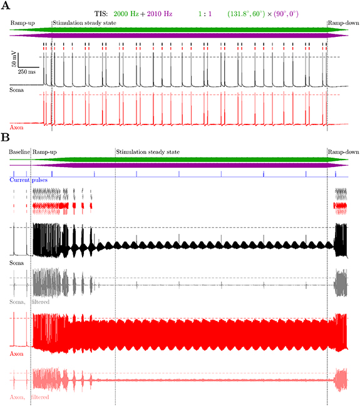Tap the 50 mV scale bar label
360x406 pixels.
coord(14,60)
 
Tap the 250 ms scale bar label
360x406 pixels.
coord(27,72)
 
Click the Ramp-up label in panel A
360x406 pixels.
coord(23,23)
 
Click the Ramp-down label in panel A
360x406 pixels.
coord(342,23)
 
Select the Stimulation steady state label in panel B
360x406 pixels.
coord(148,152)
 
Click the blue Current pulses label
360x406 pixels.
coord(28,180)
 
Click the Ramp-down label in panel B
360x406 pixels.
coord(342,152)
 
